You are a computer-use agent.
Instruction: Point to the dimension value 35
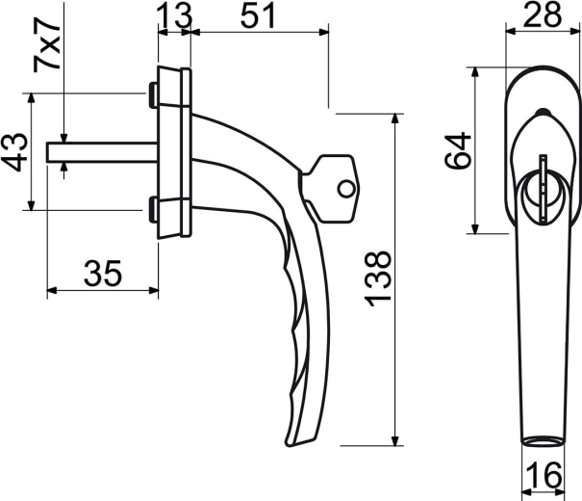102,274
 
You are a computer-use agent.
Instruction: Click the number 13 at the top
173,14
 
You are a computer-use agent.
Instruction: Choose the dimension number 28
544,14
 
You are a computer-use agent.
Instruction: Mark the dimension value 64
459,150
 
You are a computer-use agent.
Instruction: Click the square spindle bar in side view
101,152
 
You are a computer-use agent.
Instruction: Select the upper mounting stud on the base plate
153,94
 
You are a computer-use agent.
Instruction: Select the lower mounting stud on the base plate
153,207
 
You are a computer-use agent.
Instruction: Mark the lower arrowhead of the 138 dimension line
396,437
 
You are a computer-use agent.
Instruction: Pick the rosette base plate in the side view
174,151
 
